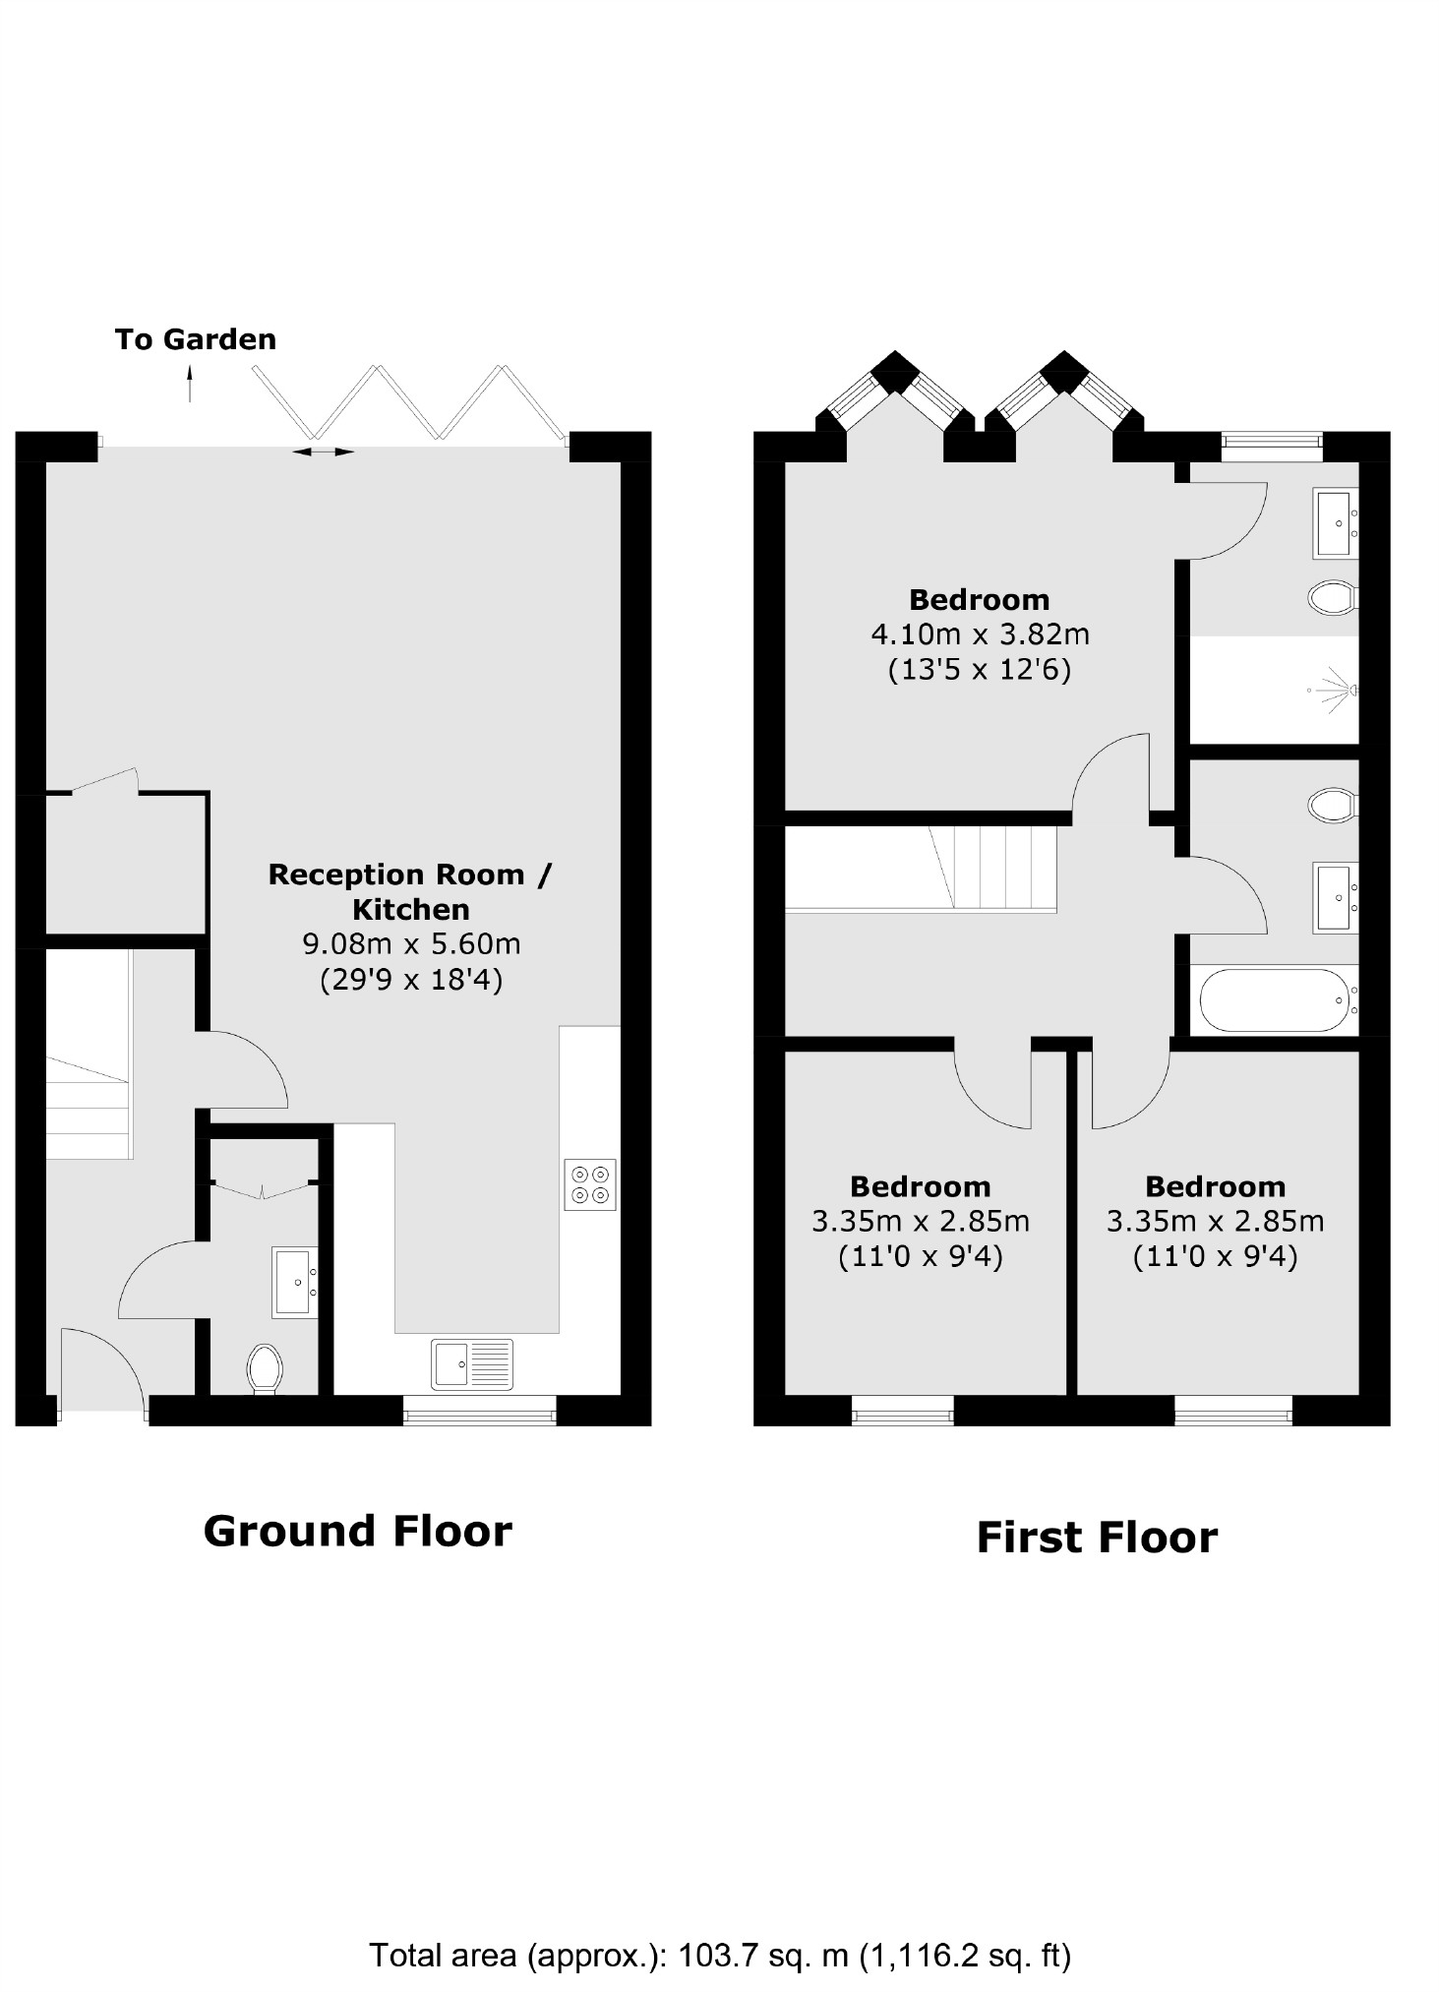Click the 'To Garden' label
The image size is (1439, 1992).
[195, 339]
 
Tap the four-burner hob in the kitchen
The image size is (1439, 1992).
[589, 1184]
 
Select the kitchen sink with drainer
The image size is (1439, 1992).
[472, 1364]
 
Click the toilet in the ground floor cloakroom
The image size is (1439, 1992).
[265, 1368]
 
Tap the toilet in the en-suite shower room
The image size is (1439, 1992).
[1333, 596]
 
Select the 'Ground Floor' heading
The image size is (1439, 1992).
[357, 1532]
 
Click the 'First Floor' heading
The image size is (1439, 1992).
[1096, 1538]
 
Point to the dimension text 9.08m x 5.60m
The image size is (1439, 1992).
[411, 944]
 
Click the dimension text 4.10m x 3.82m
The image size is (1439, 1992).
[980, 634]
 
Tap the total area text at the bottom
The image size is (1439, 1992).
[719, 1955]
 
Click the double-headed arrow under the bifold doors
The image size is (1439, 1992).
[324, 452]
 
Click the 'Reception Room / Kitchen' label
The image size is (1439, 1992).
[410, 891]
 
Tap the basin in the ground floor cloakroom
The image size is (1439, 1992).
[295, 1282]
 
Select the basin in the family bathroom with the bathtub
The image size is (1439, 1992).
[1335, 897]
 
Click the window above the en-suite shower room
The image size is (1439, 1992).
[1272, 447]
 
